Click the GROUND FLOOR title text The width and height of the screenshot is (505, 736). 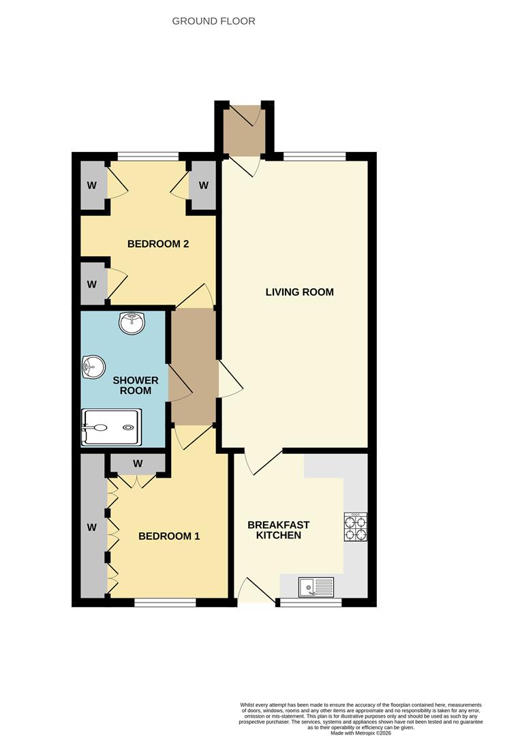tap(213, 21)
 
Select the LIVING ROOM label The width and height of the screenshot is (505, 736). tap(299, 292)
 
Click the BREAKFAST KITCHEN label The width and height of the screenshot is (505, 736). tap(278, 530)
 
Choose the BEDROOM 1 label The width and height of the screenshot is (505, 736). tap(169, 536)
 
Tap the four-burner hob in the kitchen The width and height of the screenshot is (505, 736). tap(355, 527)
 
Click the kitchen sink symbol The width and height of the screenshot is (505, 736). tap(316, 585)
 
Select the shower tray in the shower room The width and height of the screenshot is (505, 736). tap(111, 427)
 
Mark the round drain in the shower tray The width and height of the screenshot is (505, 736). tap(129, 427)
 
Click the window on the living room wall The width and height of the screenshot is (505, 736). tap(314, 156)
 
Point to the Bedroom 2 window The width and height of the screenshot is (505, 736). tap(148, 156)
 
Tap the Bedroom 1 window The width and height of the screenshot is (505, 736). tap(165, 602)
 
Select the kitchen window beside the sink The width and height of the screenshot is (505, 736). tap(311, 602)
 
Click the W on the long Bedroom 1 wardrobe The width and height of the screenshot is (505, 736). tap(91, 527)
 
